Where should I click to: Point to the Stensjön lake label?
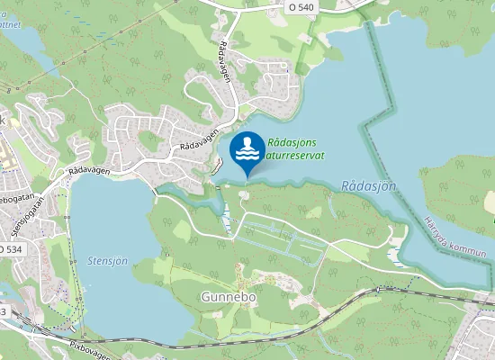click(x=108, y=261)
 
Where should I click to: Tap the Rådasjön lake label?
click(x=369, y=185)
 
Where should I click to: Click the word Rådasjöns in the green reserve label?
click(x=292, y=141)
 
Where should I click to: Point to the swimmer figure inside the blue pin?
click(x=247, y=144)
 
